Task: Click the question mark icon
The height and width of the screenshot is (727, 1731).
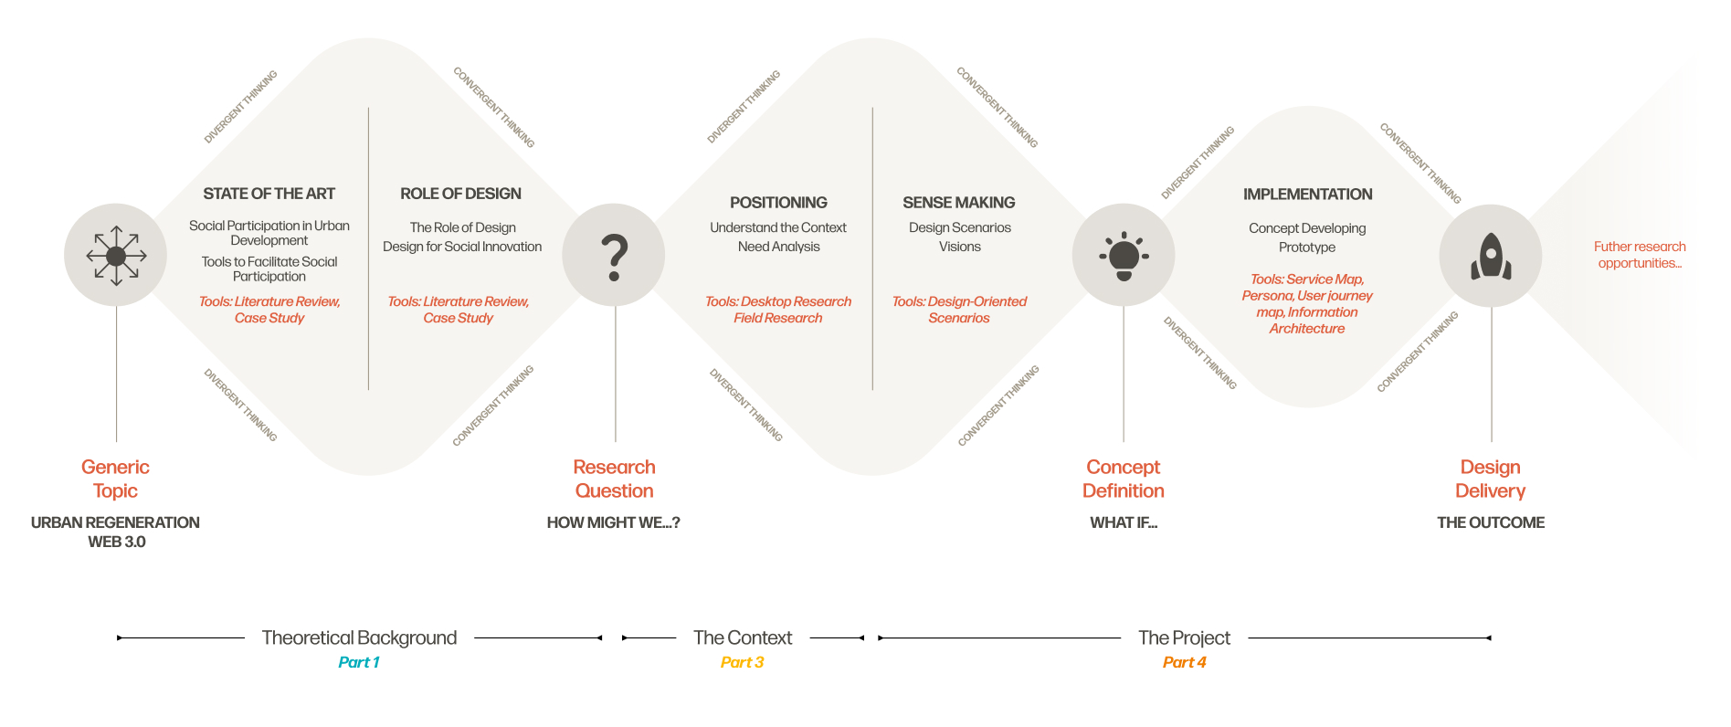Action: [614, 256]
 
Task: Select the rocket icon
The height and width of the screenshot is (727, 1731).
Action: [1491, 256]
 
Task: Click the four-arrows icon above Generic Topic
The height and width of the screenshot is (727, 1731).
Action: [116, 256]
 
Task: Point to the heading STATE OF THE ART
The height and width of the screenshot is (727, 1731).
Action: [269, 194]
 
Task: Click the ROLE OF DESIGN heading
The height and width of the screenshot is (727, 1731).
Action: [460, 194]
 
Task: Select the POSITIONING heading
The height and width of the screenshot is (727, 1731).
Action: [778, 203]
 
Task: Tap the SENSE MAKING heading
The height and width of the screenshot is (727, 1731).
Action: [959, 203]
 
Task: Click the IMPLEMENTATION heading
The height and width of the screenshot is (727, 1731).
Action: [1307, 195]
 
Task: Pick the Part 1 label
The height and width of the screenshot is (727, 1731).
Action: [359, 662]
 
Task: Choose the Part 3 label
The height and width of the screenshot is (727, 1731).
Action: [742, 662]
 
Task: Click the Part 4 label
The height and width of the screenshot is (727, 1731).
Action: [1184, 662]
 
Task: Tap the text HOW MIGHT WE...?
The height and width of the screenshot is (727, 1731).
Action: [613, 522]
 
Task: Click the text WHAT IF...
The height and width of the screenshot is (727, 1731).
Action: [1124, 522]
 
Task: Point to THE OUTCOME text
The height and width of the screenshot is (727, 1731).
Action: [1491, 522]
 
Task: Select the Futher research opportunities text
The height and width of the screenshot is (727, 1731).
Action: [1640, 255]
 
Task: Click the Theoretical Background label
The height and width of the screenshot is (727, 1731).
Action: [359, 637]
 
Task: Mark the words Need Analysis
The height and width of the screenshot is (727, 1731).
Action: [778, 247]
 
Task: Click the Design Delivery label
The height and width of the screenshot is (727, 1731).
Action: [1490, 479]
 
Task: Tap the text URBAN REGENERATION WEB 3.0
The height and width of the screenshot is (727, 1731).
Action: [116, 532]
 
